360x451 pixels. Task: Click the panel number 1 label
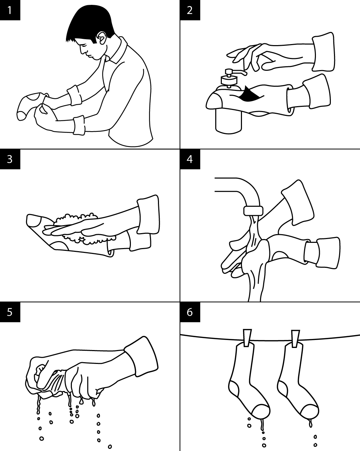pos(10,10)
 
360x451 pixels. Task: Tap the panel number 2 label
pos(190,10)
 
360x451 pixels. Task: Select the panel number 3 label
pos(10,159)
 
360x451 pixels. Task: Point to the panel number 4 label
pos(190,159)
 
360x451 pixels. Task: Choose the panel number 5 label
pos(10,312)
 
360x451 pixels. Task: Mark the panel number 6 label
pos(190,312)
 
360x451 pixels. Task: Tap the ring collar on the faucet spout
pos(253,211)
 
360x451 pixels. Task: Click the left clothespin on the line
pos(247,338)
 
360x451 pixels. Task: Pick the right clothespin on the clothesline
pos(295,339)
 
